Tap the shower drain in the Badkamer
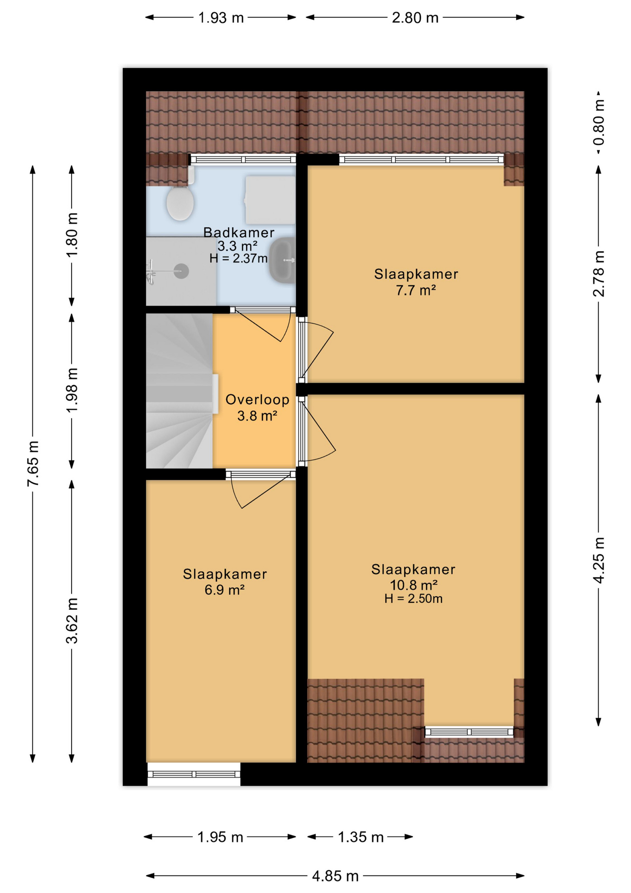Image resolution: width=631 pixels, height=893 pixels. point(181,271)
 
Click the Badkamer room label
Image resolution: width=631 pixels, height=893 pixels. point(239,233)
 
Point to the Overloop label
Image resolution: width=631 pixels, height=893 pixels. point(257,400)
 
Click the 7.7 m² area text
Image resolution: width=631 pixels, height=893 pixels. point(416,291)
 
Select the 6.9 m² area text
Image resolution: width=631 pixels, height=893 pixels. point(225,590)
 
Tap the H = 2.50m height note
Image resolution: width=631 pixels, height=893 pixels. point(414,599)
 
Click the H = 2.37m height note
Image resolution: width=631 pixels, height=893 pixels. point(238,259)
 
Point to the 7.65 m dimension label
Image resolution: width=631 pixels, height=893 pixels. point(33,464)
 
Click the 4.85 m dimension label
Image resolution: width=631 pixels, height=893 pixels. point(335,876)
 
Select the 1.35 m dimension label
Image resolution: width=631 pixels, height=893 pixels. point(361,837)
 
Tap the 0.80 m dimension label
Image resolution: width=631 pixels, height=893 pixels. point(599,122)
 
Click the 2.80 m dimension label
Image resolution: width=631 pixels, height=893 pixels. point(415,18)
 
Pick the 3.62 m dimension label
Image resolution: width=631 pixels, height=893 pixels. point(72,621)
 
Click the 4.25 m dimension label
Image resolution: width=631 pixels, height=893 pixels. point(599,560)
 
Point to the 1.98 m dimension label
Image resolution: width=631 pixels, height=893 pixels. point(72,390)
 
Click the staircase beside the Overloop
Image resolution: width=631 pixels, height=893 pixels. point(180,391)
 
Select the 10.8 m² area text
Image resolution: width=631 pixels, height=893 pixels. point(414,585)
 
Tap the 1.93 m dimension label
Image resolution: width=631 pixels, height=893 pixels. point(221,18)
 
